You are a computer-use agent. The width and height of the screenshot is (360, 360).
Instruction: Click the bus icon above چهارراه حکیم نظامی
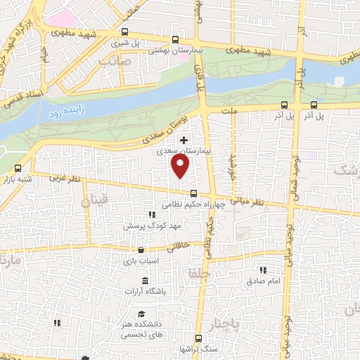pyautogui.click(x=193, y=194)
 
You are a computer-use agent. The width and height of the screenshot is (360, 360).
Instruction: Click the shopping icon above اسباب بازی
pyautogui.click(x=141, y=250)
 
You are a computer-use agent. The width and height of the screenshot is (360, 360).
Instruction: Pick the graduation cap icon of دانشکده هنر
pyautogui.click(x=141, y=314)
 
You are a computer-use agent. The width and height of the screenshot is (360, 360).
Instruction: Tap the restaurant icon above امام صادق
pyautogui.click(x=264, y=269)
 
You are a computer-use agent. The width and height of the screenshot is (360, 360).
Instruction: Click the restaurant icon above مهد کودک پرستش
pyautogui.click(x=151, y=214)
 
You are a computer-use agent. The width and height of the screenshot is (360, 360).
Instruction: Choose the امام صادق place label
pyautogui.click(x=264, y=281)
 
